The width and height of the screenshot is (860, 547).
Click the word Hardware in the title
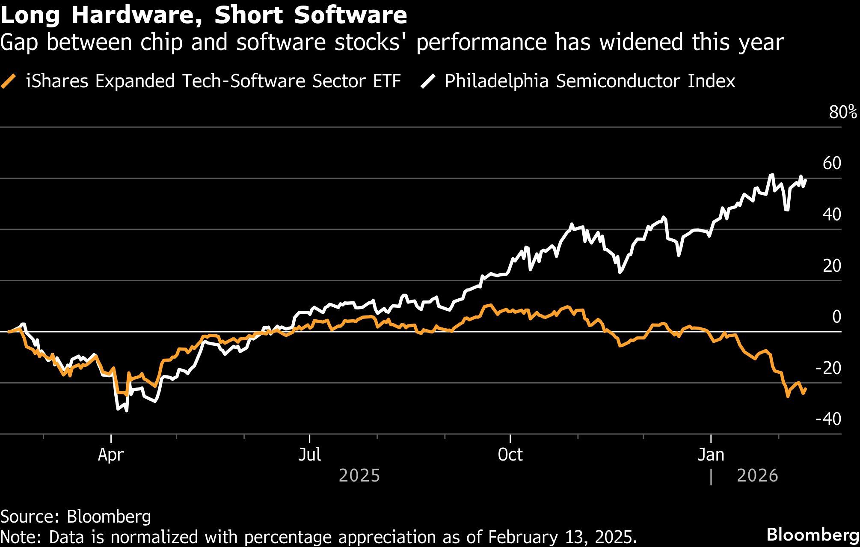click(x=136, y=15)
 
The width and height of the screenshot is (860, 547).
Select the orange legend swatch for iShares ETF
click(x=9, y=81)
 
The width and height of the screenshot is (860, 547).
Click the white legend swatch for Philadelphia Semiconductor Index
click(x=428, y=81)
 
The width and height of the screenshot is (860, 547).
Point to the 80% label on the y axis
click(x=842, y=112)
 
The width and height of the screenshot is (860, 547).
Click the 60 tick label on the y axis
click(x=832, y=163)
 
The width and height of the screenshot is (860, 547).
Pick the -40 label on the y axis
click(x=828, y=419)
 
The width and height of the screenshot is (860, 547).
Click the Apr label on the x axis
click(x=111, y=455)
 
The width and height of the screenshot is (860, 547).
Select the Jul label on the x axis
click(x=309, y=455)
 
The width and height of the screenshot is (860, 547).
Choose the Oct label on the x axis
click(x=510, y=455)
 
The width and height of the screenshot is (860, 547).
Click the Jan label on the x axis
click(x=711, y=455)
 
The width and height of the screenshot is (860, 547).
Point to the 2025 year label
click(x=359, y=476)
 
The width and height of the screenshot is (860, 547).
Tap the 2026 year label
click(x=757, y=476)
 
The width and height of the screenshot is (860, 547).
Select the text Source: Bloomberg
click(x=76, y=517)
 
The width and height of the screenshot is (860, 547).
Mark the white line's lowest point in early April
click(x=127, y=410)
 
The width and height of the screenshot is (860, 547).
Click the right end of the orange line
click(x=806, y=389)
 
